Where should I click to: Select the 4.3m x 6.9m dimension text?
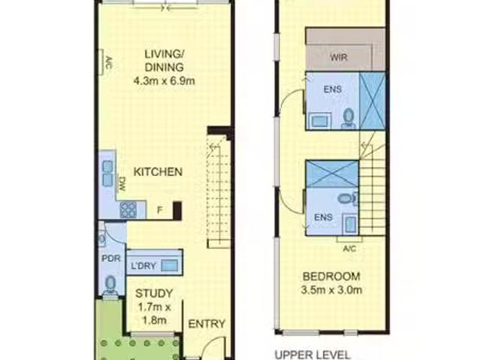click(164, 81)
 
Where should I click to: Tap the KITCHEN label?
click(158, 172)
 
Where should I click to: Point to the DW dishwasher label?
click(122, 183)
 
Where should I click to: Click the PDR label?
click(110, 256)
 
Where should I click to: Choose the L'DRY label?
click(144, 265)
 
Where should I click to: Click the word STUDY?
click(153, 293)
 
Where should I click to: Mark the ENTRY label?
click(206, 324)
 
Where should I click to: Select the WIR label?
click(337, 57)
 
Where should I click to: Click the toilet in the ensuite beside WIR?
click(347, 117)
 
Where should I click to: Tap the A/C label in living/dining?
click(107, 62)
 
